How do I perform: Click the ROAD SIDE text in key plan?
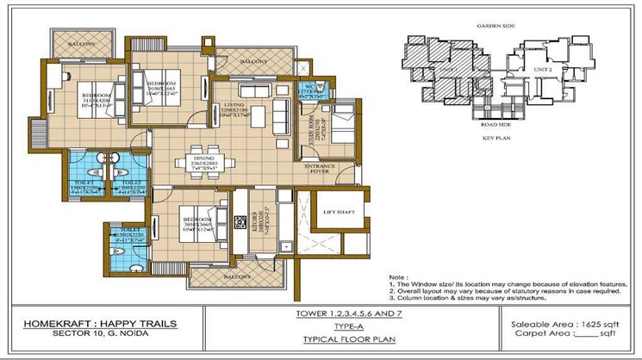496,123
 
